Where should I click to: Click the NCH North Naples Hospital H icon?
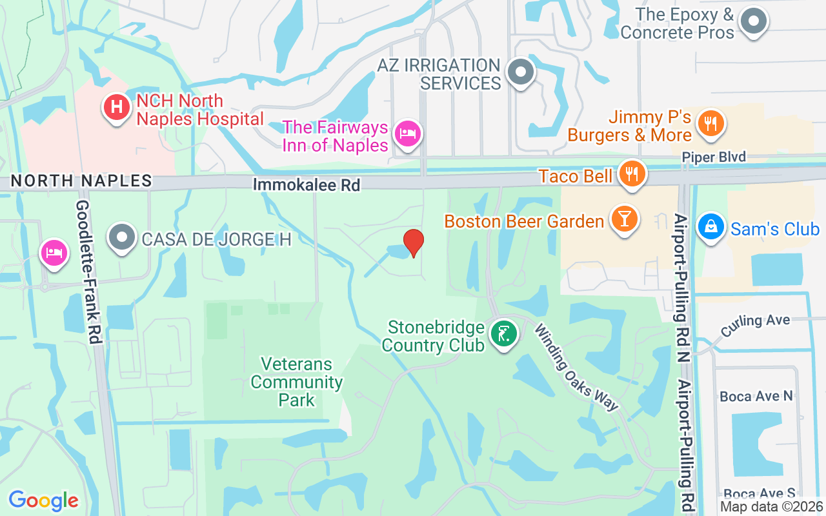(117, 106)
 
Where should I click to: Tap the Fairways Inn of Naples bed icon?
(407, 134)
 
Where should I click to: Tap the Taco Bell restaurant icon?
(632, 174)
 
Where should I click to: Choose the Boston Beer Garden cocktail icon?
(623, 219)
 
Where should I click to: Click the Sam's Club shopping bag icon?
(710, 227)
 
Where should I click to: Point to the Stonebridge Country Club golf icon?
(504, 334)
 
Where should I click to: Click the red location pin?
(413, 243)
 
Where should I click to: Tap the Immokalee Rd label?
(306, 185)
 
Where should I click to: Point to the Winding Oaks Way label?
(576, 367)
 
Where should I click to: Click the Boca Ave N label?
(756, 396)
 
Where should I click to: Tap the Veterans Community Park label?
(296, 382)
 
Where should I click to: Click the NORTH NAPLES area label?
(81, 181)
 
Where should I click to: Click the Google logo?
(43, 500)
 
